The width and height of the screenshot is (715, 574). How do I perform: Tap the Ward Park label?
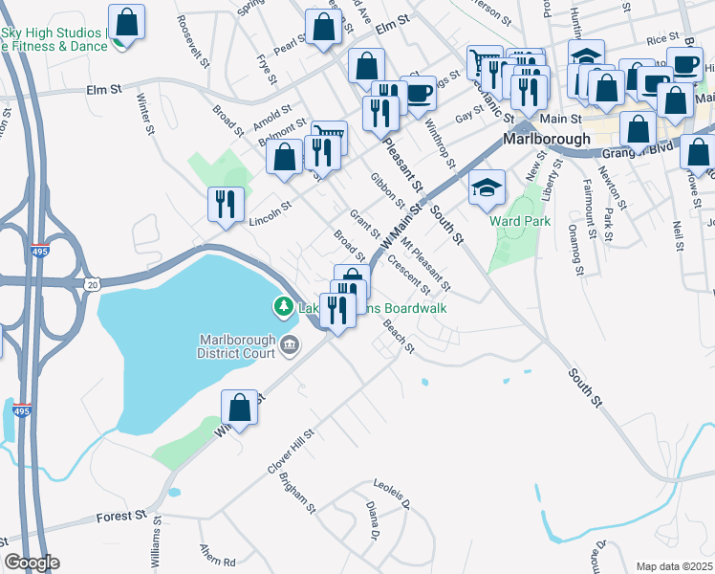tap(520, 220)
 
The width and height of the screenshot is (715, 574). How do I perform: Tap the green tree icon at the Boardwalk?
tap(282, 307)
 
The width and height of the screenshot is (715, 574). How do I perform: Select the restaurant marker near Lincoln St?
tap(227, 204)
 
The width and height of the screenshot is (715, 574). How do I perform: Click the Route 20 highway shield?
tap(91, 283)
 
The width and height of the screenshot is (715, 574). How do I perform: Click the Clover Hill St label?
tap(292, 451)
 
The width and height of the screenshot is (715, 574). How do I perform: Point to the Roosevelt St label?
tap(193, 41)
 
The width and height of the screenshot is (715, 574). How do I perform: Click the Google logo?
tap(32, 563)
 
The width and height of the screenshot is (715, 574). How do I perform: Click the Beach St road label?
tap(398, 336)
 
